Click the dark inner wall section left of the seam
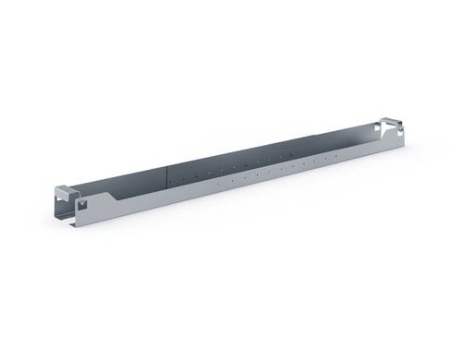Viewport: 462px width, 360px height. click(x=129, y=185)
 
